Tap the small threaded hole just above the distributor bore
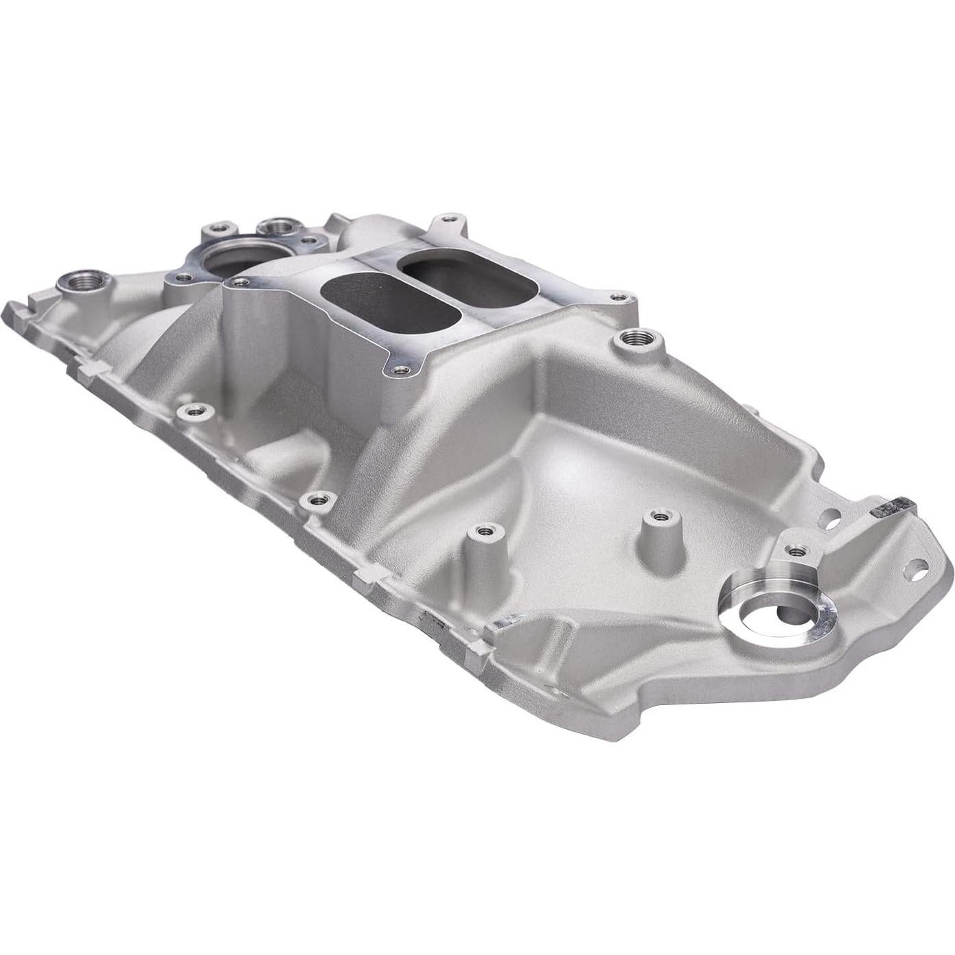pos(796,550)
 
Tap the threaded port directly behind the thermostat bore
pos(277,226)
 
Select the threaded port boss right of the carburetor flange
pos(638,337)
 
